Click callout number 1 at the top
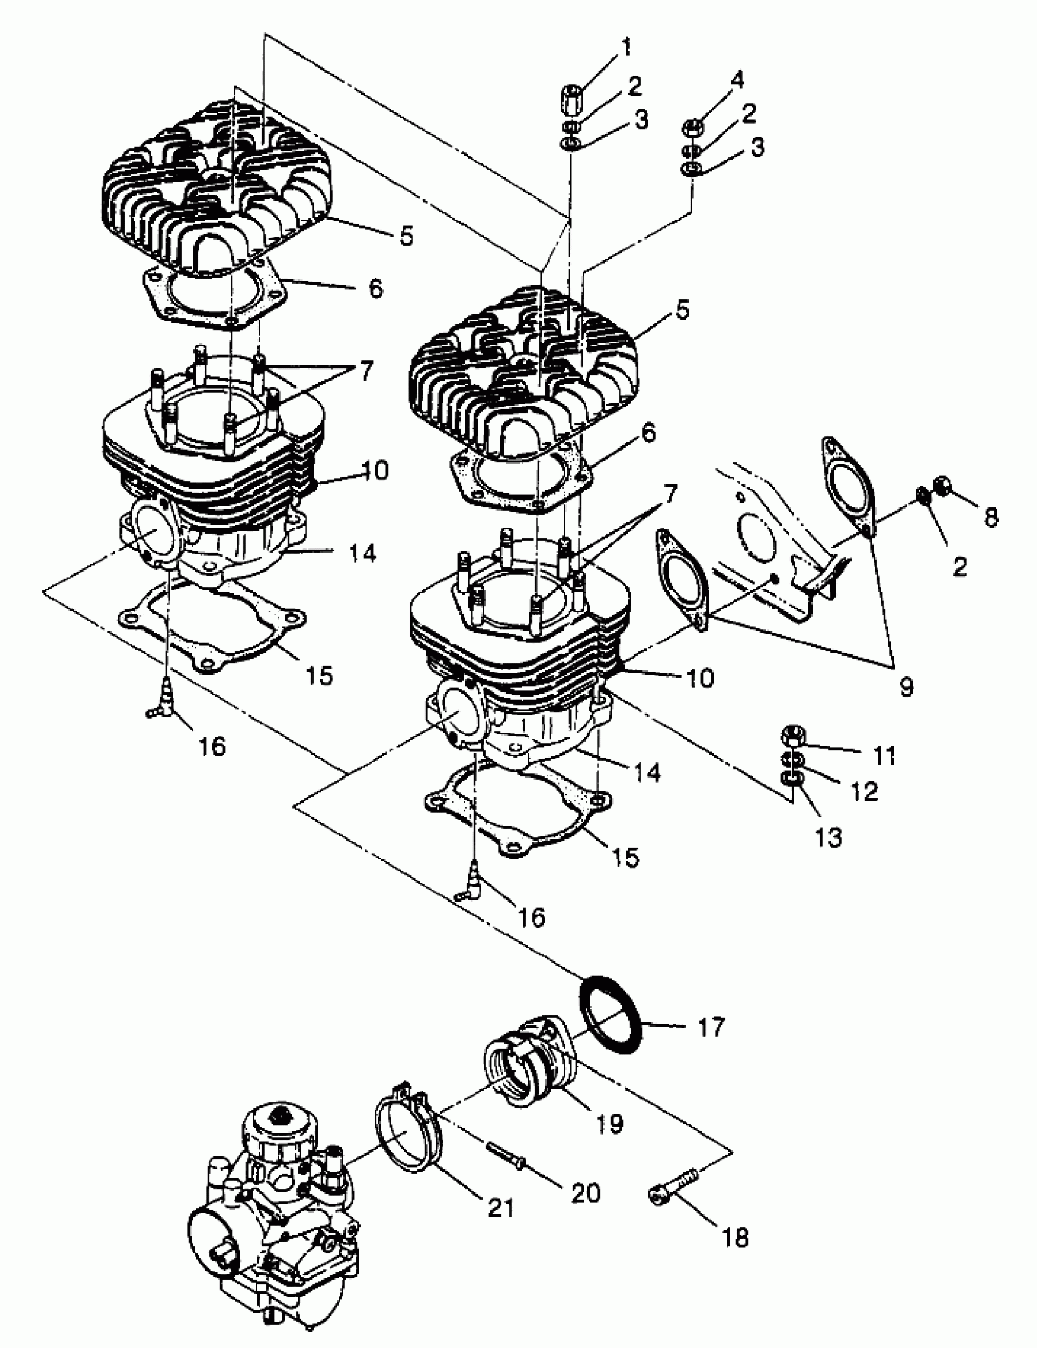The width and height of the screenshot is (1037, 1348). (626, 48)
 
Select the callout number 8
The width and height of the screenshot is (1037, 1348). (991, 517)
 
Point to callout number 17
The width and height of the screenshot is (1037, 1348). (710, 1027)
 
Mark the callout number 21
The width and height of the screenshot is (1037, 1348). (501, 1208)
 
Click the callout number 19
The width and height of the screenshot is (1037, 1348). (609, 1123)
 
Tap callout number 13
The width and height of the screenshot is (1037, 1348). (828, 837)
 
